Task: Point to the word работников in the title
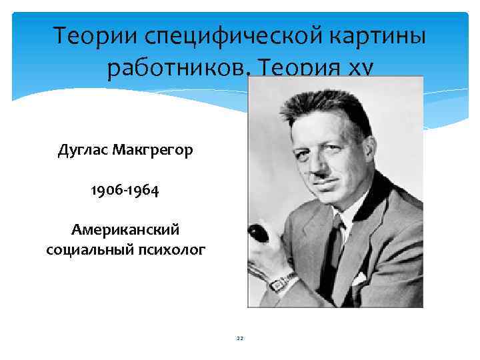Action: point(175,67)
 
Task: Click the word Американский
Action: point(125,229)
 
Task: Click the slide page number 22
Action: point(240,339)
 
